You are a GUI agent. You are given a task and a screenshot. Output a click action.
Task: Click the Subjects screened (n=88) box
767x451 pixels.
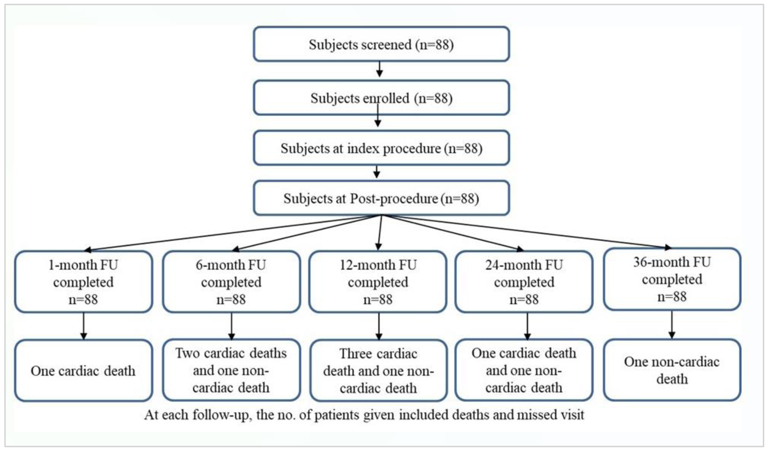[x=381, y=44]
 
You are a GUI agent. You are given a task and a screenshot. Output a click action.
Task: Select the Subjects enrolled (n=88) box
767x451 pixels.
[x=381, y=97]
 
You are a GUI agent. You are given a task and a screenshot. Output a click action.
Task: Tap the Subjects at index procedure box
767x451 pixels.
[x=381, y=148]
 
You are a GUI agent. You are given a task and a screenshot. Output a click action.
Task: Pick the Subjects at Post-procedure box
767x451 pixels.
[x=381, y=198]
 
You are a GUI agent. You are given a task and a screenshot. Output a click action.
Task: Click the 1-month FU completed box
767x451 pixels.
[x=84, y=282]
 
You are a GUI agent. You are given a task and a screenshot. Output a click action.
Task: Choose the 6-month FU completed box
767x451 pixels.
[x=231, y=282]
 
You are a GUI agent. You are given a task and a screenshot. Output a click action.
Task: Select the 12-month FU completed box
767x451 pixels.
[x=378, y=282]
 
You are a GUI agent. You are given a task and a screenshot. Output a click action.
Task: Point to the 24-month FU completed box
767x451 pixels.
[x=524, y=282]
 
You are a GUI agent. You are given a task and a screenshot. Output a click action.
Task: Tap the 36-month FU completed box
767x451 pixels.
[x=672, y=279]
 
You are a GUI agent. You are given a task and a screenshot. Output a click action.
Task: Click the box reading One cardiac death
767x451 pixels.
[x=84, y=370]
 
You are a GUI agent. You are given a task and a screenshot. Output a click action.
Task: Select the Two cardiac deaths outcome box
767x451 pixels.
[x=231, y=370]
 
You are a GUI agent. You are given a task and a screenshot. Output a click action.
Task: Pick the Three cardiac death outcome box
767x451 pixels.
[x=379, y=370]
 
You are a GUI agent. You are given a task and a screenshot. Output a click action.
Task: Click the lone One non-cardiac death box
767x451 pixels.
[x=672, y=370]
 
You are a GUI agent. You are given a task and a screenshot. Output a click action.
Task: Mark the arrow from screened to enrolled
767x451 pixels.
[x=380, y=69]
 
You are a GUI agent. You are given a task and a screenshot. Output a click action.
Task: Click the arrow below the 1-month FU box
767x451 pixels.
[x=84, y=326]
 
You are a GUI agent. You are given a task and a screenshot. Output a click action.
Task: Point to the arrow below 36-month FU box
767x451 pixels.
[x=672, y=324]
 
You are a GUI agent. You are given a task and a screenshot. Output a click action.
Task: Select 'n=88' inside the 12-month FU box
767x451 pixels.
[x=378, y=299]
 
